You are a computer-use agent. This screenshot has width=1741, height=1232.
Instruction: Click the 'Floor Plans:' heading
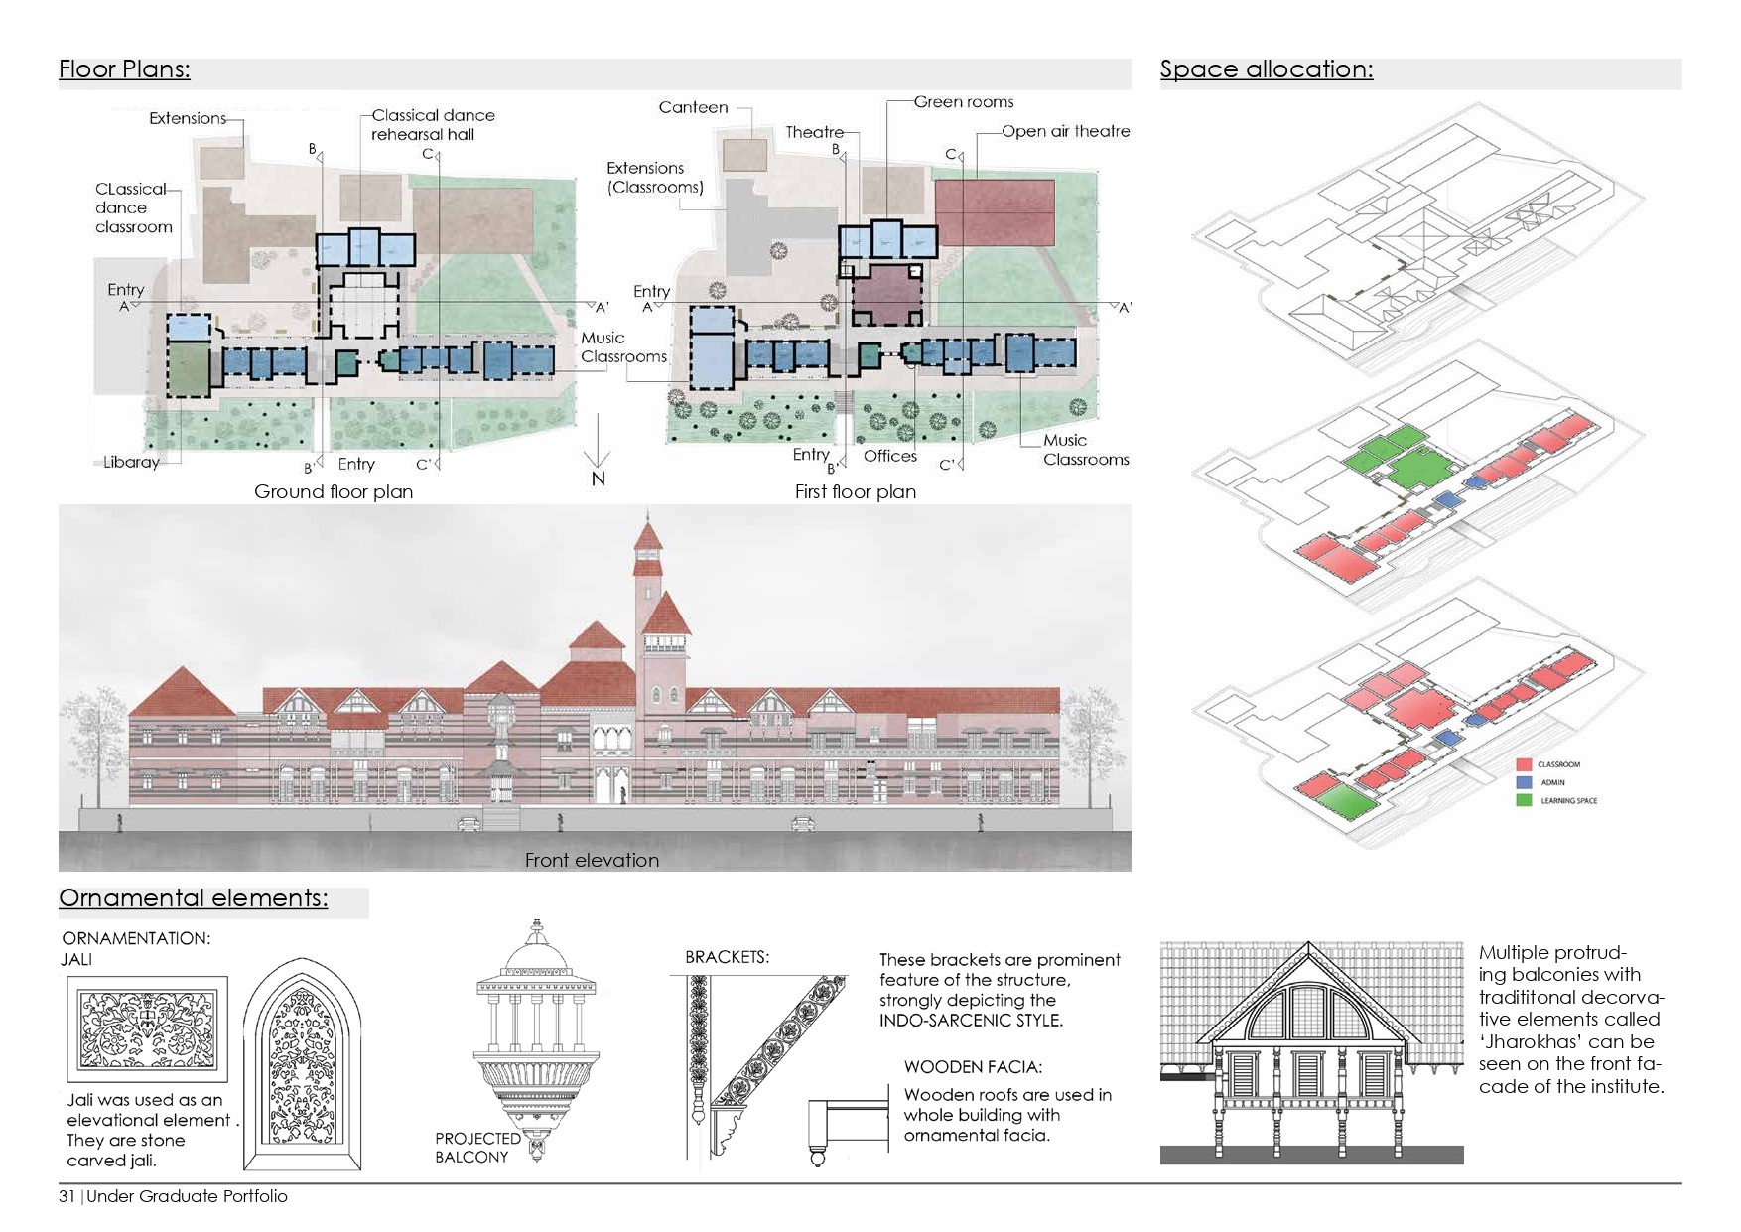124,69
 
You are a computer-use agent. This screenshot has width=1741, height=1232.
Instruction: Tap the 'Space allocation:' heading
1266,69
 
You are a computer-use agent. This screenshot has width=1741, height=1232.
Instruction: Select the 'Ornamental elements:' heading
193,898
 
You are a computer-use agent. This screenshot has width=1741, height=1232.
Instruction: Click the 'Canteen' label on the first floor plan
693,107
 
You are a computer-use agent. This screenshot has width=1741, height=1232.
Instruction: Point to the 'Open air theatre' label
1065,131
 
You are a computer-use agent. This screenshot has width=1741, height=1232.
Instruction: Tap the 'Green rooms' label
963,101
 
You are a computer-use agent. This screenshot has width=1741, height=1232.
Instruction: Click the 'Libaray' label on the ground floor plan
131,462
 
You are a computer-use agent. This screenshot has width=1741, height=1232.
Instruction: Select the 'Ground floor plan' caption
333,491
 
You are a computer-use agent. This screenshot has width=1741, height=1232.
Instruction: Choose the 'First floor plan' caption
855,491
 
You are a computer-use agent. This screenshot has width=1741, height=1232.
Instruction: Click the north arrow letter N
598,479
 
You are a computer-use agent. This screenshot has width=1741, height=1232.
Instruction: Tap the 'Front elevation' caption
592,860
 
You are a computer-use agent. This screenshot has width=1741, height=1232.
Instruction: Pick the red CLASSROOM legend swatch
1524,764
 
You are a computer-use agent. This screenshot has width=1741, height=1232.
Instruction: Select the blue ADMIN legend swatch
1524,782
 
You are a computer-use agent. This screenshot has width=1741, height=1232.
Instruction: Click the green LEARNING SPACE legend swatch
1524,800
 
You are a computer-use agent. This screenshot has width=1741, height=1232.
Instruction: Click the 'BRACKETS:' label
727,957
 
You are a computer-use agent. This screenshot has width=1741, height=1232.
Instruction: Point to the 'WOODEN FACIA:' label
972,1067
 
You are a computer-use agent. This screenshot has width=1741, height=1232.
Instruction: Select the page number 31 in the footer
67,1196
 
